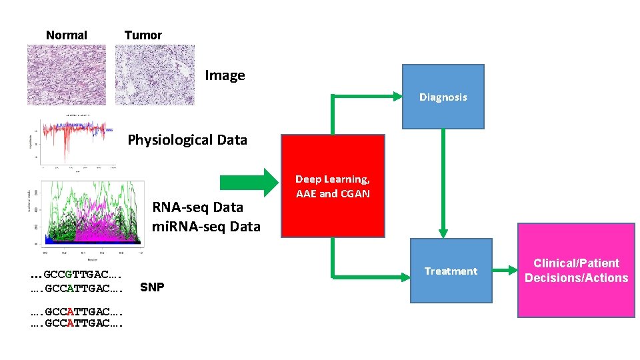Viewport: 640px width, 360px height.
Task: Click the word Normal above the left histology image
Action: pos(67,35)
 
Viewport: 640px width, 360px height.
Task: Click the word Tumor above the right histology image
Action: pos(143,35)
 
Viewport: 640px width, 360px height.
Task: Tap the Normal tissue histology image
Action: pos(66,75)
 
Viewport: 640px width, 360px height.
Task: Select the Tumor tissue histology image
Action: pos(155,75)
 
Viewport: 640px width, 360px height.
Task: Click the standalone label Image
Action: pos(225,75)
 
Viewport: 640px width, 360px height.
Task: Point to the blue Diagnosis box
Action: pos(443,97)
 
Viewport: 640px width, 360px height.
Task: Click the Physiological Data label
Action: pos(187,140)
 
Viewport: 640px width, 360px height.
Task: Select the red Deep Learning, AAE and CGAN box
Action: pos(333,186)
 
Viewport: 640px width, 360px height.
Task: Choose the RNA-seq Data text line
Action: pos(197,207)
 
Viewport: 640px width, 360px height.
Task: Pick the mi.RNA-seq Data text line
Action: pos(206,227)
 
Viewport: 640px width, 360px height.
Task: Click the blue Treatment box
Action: pos(451,271)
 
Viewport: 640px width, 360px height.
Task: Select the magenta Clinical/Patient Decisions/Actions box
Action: pos(576,271)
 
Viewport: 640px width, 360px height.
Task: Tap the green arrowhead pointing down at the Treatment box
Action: pos(443,231)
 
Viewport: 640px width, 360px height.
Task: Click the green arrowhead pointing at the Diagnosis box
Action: pos(395,97)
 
